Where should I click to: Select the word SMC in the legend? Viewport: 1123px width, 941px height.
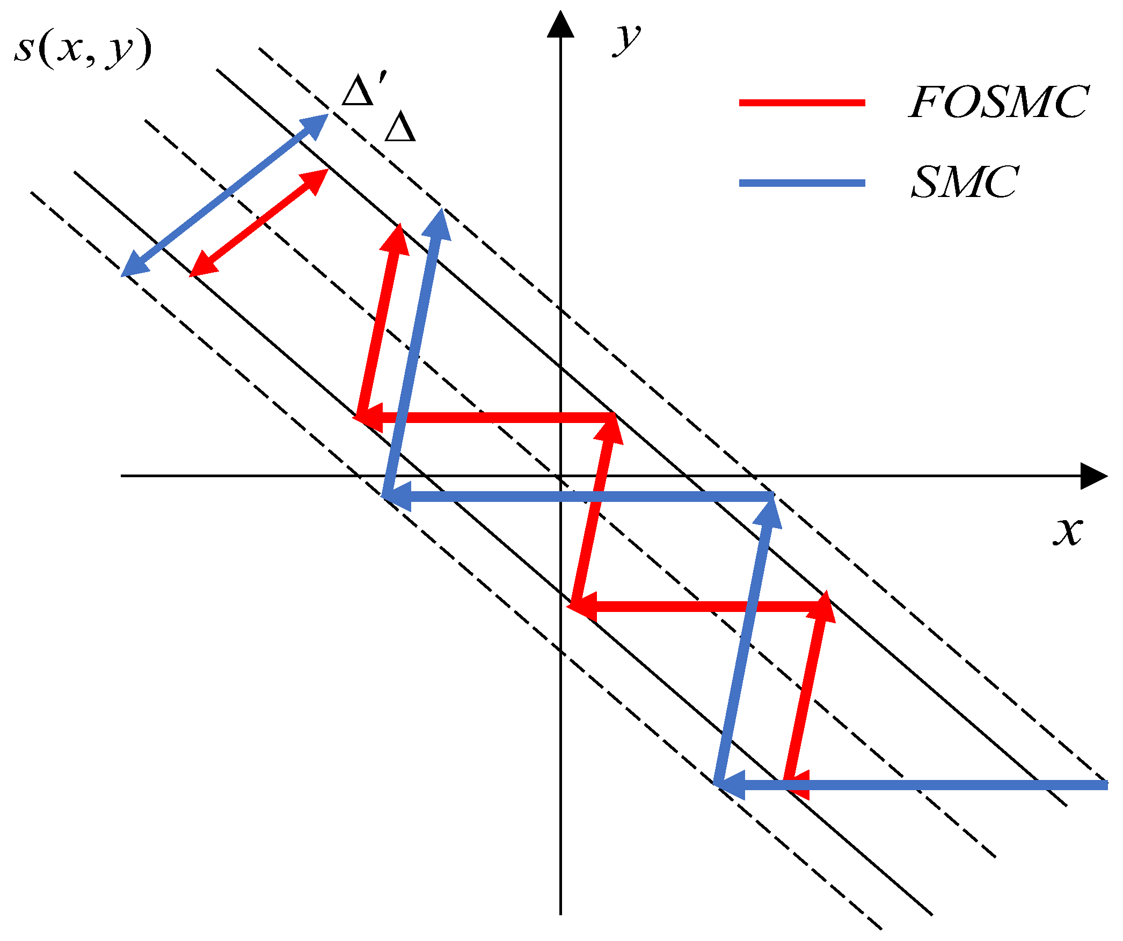[x=965, y=183]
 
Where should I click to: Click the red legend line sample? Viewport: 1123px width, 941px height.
[x=802, y=103]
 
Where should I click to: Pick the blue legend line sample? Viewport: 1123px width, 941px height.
[x=802, y=183]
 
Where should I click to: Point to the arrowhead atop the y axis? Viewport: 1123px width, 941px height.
[x=560, y=24]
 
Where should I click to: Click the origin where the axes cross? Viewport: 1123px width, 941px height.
[x=560, y=476]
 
